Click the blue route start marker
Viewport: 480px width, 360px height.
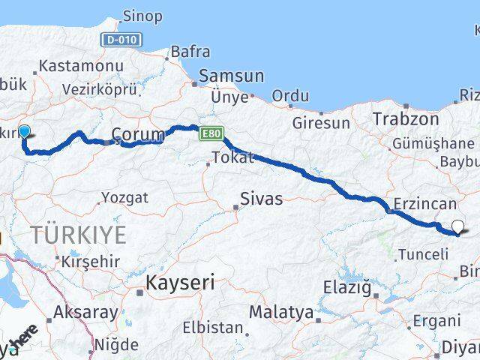pyautogui.click(x=24, y=132)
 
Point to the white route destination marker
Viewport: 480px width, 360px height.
pyautogui.click(x=457, y=225)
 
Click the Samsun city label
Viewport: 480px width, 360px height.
pyautogui.click(x=231, y=76)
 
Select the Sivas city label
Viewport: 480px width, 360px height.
pyautogui.click(x=261, y=199)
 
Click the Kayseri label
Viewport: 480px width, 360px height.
pyautogui.click(x=180, y=283)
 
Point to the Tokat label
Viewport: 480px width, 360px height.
pyautogui.click(x=233, y=157)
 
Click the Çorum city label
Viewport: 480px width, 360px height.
pyautogui.click(x=137, y=135)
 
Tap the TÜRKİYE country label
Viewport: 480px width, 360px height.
pyautogui.click(x=77, y=235)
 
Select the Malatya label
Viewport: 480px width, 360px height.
pyautogui.click(x=280, y=311)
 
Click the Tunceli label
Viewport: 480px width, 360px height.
pyautogui.click(x=423, y=254)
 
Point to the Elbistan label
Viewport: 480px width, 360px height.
pyautogui.click(x=213, y=328)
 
